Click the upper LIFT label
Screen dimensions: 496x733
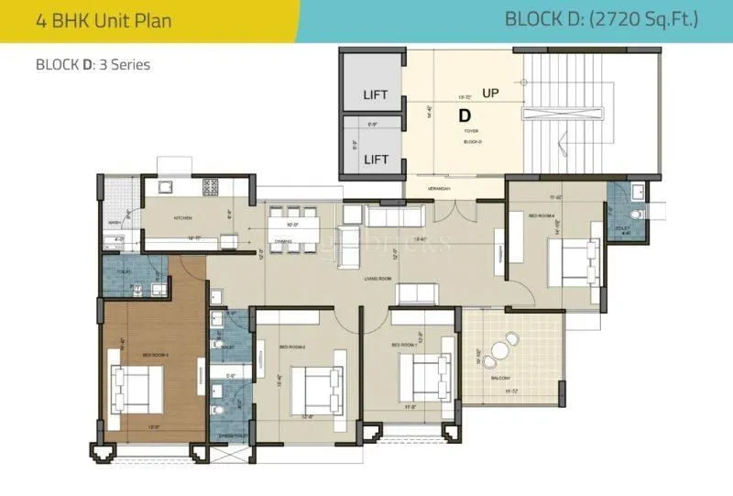pyautogui.click(x=376, y=94)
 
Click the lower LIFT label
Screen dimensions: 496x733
pyautogui.click(x=376, y=160)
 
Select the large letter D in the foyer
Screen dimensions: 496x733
pyautogui.click(x=465, y=116)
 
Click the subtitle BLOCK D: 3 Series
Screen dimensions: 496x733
pyautogui.click(x=93, y=65)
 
